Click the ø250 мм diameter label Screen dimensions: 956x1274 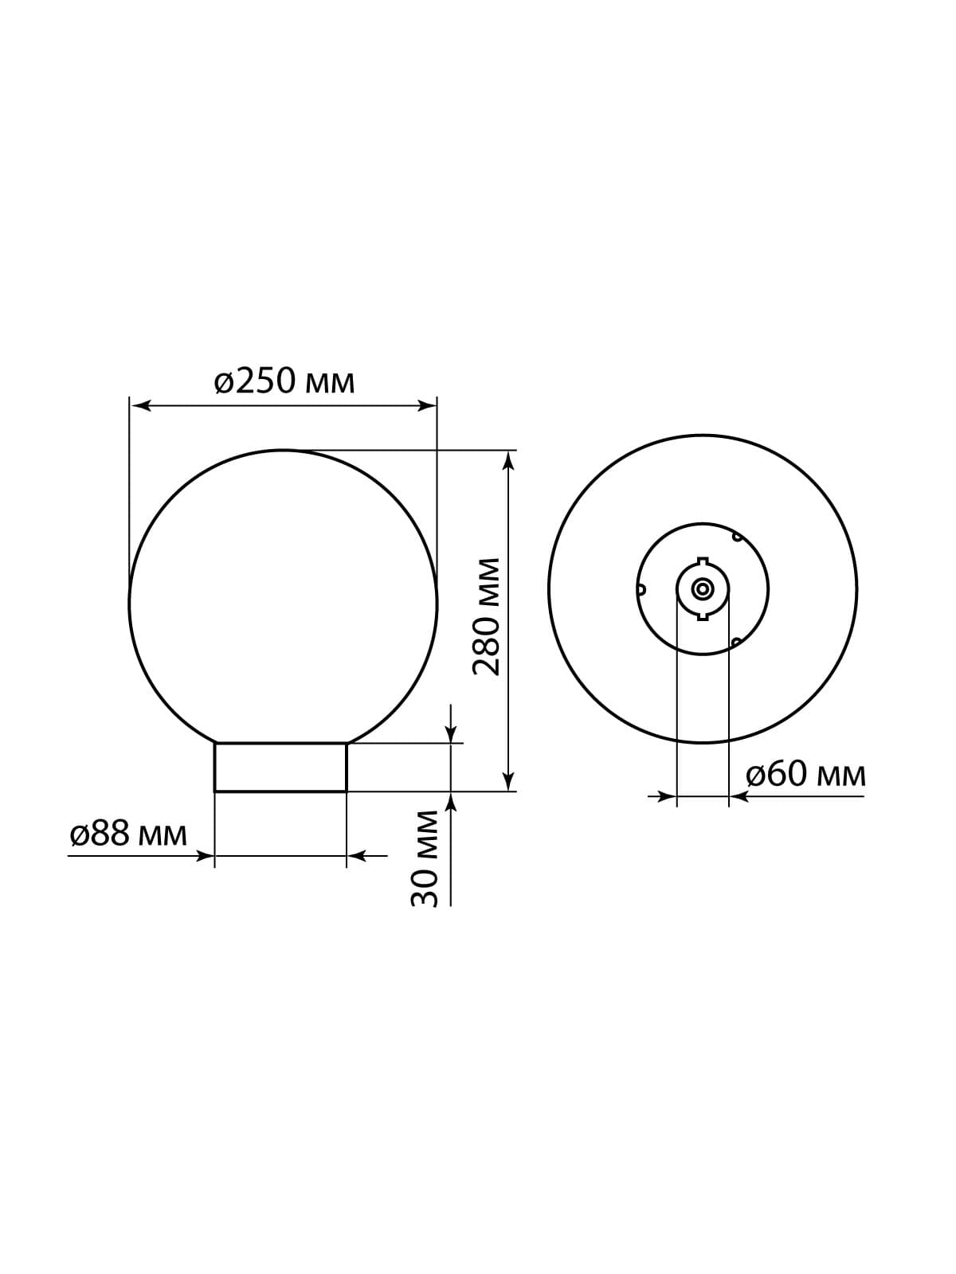coord(284,382)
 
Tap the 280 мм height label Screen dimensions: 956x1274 coord(487,617)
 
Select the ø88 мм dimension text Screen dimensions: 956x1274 coord(128,835)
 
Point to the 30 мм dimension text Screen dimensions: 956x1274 coord(425,858)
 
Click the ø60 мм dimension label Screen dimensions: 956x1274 coord(805,775)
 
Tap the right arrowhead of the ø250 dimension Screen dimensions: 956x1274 coord(426,406)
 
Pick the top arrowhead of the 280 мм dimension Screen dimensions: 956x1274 coord(508,461)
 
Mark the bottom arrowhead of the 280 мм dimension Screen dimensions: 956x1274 coord(508,780)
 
